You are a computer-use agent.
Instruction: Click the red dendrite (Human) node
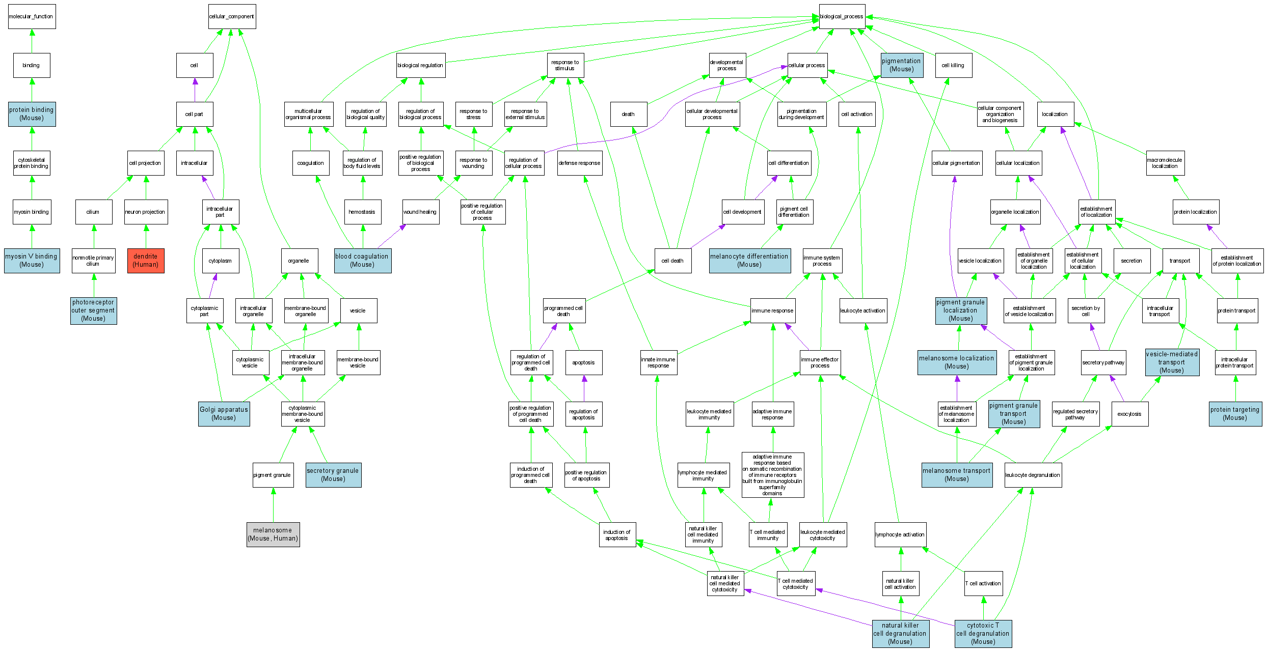[x=146, y=261]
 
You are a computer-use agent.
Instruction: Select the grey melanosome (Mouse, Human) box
[x=273, y=534]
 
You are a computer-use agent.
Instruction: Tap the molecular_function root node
[x=32, y=17]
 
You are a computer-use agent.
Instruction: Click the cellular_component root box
[x=232, y=17]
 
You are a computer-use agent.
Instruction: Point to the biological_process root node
[x=842, y=17]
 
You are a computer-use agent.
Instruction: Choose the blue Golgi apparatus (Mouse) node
[x=224, y=414]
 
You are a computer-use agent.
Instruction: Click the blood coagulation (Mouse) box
[x=362, y=261]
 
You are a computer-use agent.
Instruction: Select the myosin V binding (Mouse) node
[x=32, y=261]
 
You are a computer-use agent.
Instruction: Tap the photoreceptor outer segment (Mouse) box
[x=94, y=310]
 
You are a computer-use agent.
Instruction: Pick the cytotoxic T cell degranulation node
[x=983, y=634]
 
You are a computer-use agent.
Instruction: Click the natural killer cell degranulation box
[x=900, y=634]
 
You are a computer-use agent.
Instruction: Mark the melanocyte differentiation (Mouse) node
[x=749, y=261]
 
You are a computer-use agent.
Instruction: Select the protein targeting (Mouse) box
[x=1235, y=414]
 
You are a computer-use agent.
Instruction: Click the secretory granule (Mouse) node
[x=333, y=475]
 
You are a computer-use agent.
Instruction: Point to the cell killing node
[x=953, y=66]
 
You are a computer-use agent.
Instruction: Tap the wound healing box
[x=420, y=212]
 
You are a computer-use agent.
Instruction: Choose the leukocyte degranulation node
[x=1033, y=475]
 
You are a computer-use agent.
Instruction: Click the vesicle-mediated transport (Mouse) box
[x=1172, y=362]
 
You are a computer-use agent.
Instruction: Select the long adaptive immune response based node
[x=772, y=475]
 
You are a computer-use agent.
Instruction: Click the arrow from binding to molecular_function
[x=32, y=41]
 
